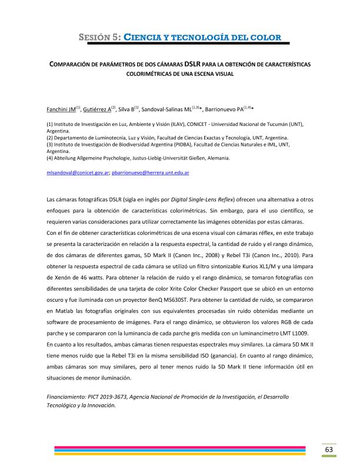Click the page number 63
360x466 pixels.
click(x=329, y=450)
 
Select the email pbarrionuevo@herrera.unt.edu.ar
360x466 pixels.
click(x=151, y=174)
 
